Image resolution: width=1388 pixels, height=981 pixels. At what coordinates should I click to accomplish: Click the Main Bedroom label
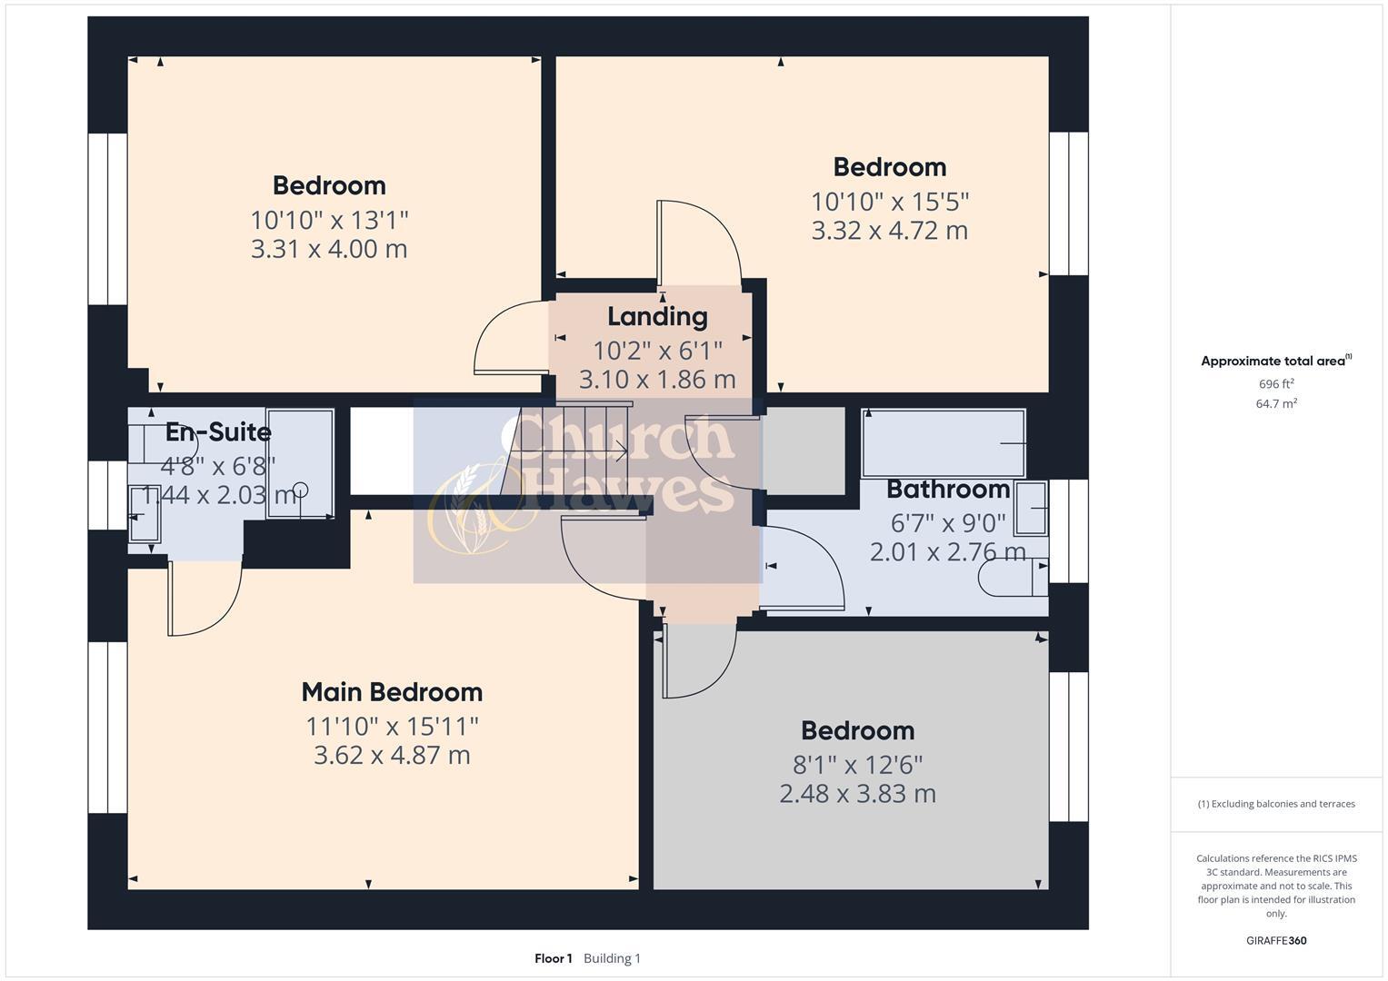(x=392, y=692)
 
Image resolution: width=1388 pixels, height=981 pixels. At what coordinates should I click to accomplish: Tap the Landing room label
(x=657, y=317)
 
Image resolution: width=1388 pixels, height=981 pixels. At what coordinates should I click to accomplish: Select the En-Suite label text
(x=218, y=432)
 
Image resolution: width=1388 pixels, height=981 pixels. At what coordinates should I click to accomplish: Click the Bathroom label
(x=948, y=490)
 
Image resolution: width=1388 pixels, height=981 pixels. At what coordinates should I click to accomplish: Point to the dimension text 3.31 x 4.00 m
(x=329, y=249)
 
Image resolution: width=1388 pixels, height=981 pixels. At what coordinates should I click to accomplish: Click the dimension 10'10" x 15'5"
(x=890, y=201)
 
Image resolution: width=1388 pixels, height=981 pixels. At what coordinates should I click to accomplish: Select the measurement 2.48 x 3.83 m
(x=857, y=794)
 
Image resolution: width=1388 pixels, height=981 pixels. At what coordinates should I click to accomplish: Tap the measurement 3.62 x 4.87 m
(x=392, y=756)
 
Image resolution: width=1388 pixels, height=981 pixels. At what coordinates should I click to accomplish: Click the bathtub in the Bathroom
(x=944, y=442)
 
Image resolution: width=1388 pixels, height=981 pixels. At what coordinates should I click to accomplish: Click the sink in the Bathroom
(x=1031, y=508)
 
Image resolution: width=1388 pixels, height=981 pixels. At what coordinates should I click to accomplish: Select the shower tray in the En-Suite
(x=299, y=464)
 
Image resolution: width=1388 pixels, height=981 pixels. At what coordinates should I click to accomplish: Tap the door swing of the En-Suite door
(x=205, y=599)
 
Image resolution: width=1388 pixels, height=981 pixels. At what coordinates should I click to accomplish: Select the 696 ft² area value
(x=1276, y=384)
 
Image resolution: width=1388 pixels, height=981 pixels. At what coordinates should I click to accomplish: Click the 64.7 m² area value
(x=1276, y=404)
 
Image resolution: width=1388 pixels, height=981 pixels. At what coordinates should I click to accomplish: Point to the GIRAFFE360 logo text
(x=1276, y=940)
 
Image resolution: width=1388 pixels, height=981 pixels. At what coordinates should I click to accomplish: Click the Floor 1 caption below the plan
(x=553, y=958)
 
